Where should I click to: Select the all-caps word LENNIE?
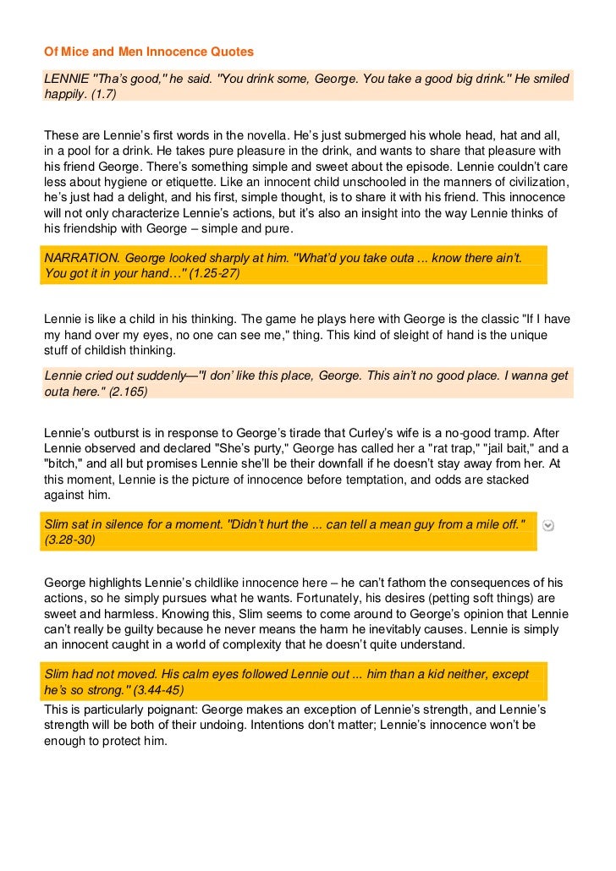(x=65, y=79)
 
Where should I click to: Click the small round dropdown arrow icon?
(x=549, y=525)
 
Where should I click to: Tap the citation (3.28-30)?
(x=71, y=540)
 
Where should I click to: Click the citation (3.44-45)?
(x=162, y=690)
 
